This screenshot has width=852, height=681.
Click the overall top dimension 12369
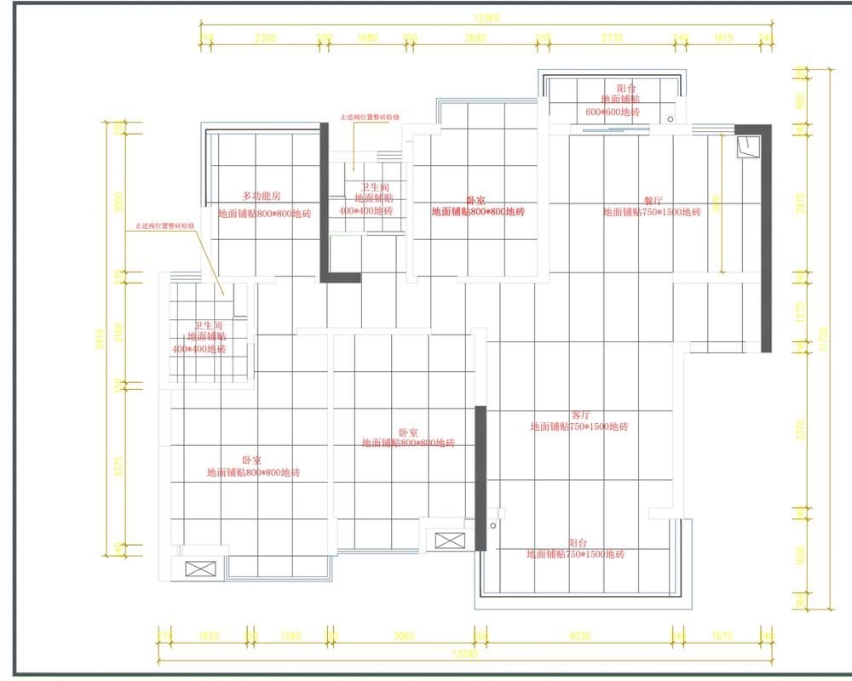coord(486,17)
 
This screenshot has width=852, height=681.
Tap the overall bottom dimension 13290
coord(464,655)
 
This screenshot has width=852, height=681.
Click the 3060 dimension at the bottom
coord(404,635)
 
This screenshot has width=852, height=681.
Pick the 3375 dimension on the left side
coord(119,466)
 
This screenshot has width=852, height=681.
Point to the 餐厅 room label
coord(653,200)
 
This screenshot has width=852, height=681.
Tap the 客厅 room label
coord(580,415)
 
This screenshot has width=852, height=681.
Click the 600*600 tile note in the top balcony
coord(612,112)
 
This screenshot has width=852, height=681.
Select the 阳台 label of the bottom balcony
coord(577,542)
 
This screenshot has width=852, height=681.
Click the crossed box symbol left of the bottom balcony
coord(450,540)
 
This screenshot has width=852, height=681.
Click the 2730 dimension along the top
coord(613,37)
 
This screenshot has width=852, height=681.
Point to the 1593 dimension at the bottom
coord(291,635)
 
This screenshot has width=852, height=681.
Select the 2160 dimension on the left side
coord(119,329)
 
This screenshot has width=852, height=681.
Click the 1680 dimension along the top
coord(367,37)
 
